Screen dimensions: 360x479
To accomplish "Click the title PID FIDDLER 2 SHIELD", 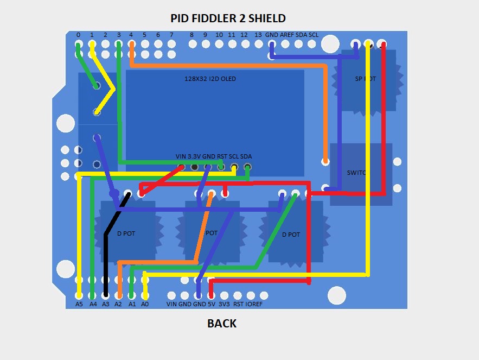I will [228, 18].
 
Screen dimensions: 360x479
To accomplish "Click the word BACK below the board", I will [222, 324].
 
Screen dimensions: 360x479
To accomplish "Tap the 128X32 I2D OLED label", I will [210, 79].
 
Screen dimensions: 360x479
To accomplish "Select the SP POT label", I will [365, 79].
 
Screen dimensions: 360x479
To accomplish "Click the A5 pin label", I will [79, 304].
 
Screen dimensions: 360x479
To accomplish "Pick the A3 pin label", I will [106, 304].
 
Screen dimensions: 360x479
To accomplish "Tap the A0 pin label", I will [145, 304].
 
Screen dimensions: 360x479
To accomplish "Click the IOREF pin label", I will [254, 304].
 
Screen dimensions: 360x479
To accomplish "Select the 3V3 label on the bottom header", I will [223, 304].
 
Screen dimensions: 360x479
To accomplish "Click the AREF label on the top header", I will [287, 35].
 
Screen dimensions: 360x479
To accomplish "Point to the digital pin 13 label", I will [258, 35].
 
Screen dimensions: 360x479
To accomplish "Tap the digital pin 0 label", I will [78, 35].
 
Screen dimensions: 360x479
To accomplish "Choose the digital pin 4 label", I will [131, 35].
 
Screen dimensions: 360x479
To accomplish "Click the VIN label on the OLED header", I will [181, 156].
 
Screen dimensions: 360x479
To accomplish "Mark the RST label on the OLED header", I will [222, 156].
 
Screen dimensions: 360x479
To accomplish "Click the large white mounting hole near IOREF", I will [337, 295].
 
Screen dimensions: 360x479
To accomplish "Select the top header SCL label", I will [314, 35].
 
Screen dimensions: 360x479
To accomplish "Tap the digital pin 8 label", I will [191, 35].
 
